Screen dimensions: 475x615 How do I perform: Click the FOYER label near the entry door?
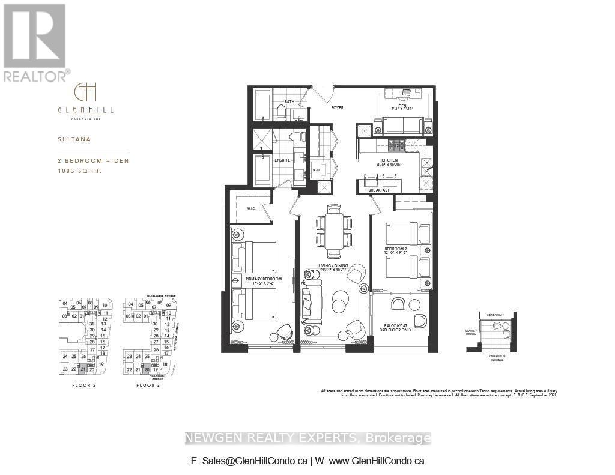pyautogui.click(x=337, y=109)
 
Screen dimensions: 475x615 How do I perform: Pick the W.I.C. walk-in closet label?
pyautogui.click(x=251, y=209)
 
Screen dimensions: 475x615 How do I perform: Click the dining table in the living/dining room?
pyautogui.click(x=335, y=231)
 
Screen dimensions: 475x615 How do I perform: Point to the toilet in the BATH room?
pyautogui.click(x=280, y=112)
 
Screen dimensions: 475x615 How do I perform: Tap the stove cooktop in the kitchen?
pyautogui.click(x=396, y=145)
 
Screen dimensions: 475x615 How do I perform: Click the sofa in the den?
pyautogui.click(x=402, y=126)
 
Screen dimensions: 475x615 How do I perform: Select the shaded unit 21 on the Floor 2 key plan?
pyautogui.click(x=82, y=370)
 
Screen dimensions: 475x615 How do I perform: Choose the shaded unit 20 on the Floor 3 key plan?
pyautogui.click(x=147, y=370)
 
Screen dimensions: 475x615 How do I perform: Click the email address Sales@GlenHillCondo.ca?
pyautogui.click(x=249, y=461)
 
